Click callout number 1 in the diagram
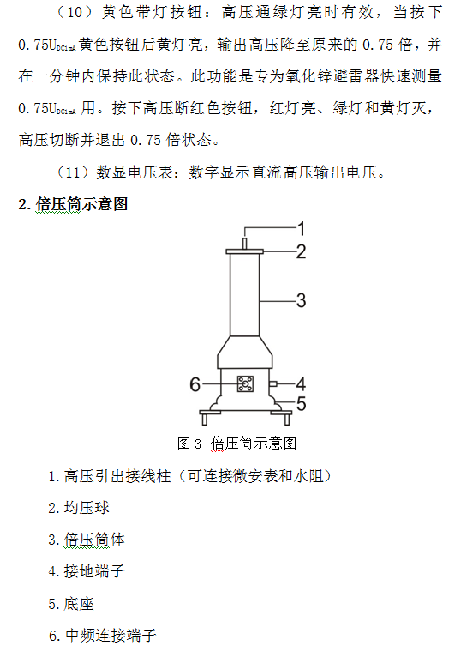[301, 229]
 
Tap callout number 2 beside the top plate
[301, 251]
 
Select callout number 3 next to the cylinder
[301, 300]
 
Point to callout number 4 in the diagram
[301, 384]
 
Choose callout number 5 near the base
[301, 403]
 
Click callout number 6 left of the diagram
[195, 384]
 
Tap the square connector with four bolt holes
[245, 384]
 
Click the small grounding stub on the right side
[273, 384]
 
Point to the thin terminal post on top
[244, 244]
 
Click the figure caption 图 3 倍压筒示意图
[236, 444]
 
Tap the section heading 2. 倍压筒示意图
[73, 204]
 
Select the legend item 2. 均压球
[79, 508]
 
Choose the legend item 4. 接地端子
[87, 571]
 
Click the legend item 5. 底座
[71, 603]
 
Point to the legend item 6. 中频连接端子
[102, 635]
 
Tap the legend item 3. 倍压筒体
[87, 540]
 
